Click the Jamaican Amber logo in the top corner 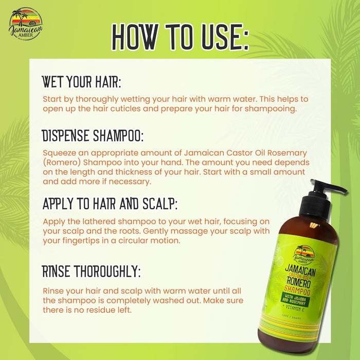point(25,24)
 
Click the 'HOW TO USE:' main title point(180,37)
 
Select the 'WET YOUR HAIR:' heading point(81,82)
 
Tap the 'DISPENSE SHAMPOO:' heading point(93,135)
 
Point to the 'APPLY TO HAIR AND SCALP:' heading point(110,204)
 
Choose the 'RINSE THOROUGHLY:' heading point(91,271)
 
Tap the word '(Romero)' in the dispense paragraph point(62,163)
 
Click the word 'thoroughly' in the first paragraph point(97,99)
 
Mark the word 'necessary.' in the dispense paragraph point(130,182)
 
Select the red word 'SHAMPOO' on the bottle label point(297,290)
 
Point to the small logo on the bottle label point(303,255)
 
